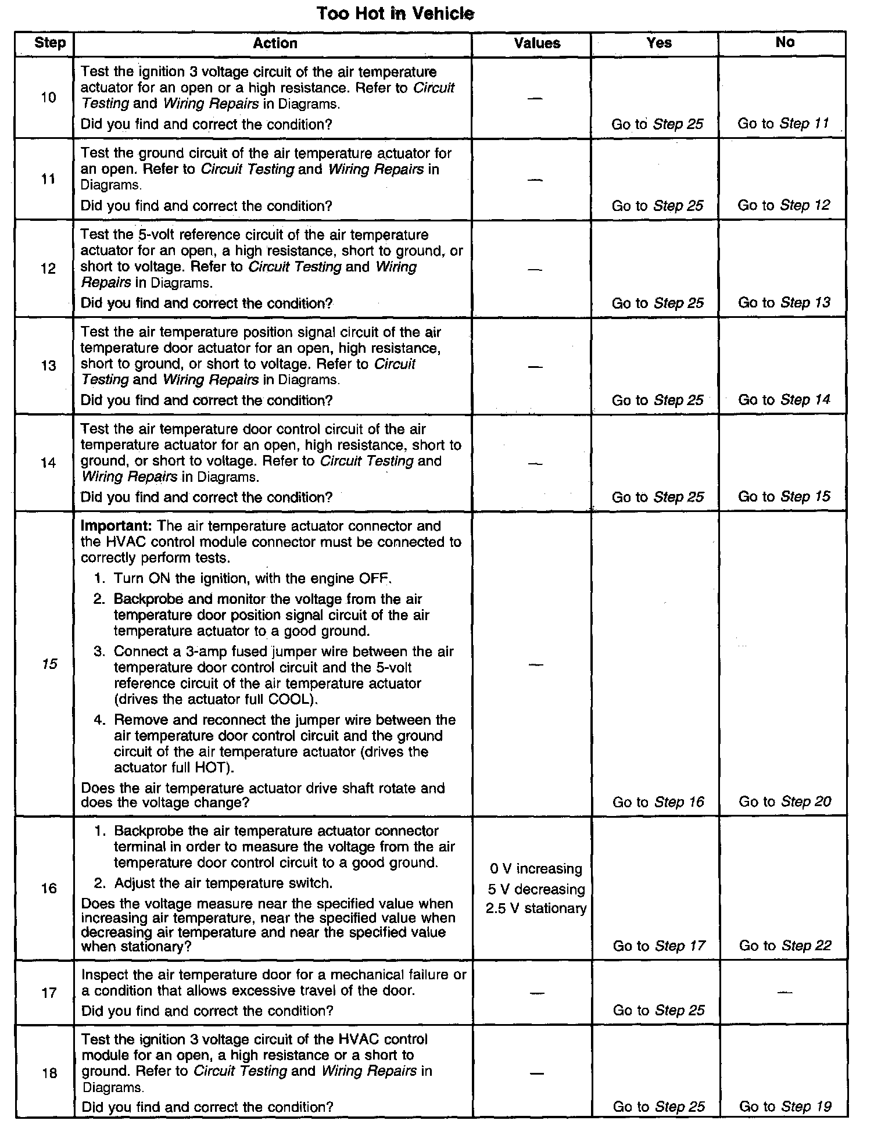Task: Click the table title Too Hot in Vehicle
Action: click(x=395, y=14)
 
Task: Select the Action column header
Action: click(x=275, y=44)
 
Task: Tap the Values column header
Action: click(x=537, y=44)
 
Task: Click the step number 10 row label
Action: click(x=49, y=98)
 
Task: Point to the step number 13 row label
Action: click(x=49, y=366)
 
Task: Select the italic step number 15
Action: click(x=50, y=664)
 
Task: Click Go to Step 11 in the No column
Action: click(x=783, y=124)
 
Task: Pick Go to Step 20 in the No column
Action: click(x=785, y=802)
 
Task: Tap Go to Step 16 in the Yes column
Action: click(x=658, y=803)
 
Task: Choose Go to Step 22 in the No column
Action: click(x=785, y=946)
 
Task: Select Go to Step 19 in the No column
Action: click(x=785, y=1107)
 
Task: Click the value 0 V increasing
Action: click(x=536, y=869)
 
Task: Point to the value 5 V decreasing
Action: click(x=536, y=890)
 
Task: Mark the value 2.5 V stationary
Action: click(x=536, y=909)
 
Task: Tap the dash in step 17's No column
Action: click(x=785, y=993)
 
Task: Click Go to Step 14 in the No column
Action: click(x=784, y=400)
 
